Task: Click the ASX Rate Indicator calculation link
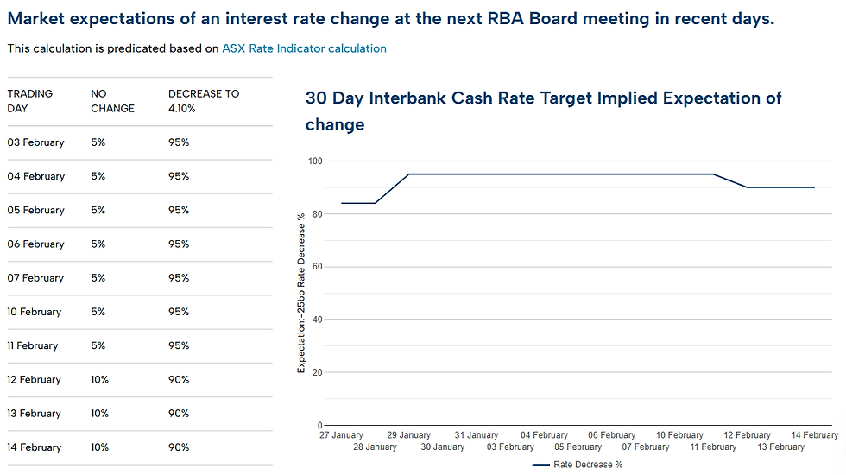click(304, 48)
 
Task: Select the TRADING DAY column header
click(30, 101)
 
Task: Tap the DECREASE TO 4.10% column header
click(204, 101)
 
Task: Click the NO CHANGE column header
click(112, 101)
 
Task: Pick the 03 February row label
click(35, 142)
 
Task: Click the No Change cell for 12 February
click(99, 380)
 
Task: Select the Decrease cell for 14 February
click(179, 447)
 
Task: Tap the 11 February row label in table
click(33, 345)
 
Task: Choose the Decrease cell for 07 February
click(179, 278)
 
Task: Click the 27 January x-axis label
click(341, 435)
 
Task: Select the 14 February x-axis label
click(815, 435)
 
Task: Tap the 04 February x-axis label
click(545, 435)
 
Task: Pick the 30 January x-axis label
click(443, 447)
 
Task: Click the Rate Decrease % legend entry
click(578, 465)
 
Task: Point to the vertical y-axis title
click(301, 294)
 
